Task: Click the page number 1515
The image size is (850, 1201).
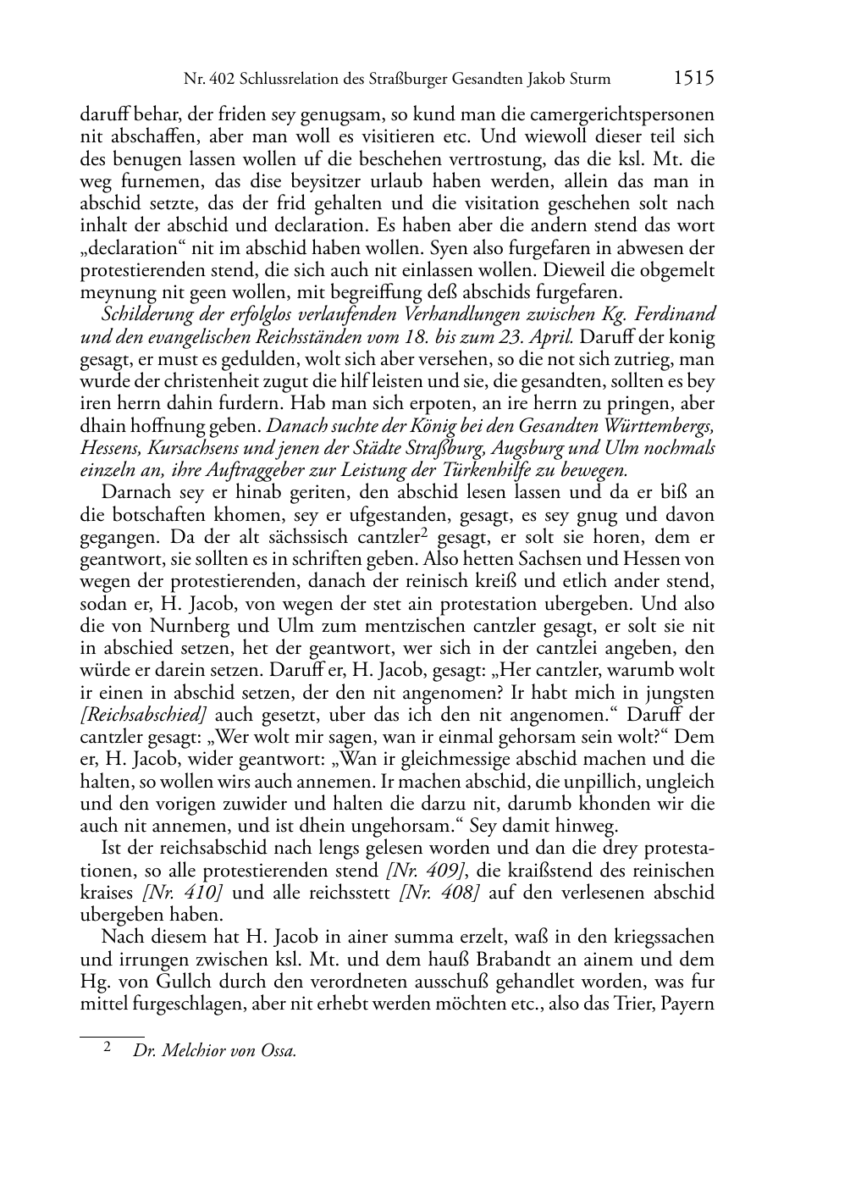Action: click(693, 79)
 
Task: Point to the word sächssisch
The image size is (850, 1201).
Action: click(308, 538)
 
